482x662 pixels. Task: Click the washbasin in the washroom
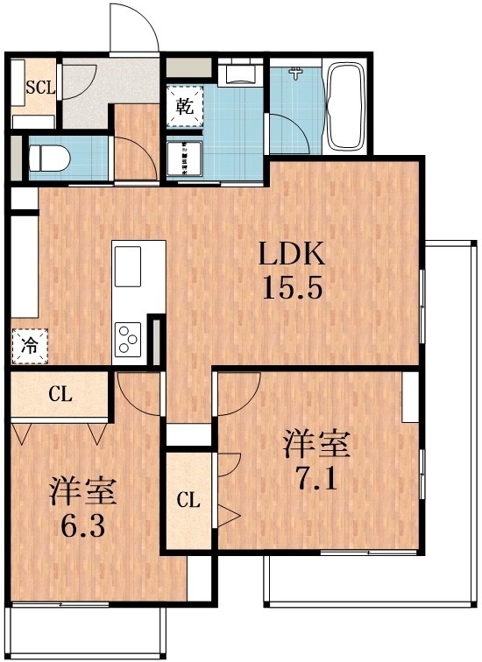tap(237, 73)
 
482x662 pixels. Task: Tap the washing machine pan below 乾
tap(185, 158)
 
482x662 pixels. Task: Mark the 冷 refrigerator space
tap(29, 345)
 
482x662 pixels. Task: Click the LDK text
tap(291, 255)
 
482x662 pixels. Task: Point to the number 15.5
tap(293, 288)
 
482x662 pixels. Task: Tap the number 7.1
tap(315, 481)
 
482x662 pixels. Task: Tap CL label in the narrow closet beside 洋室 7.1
tap(188, 501)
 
